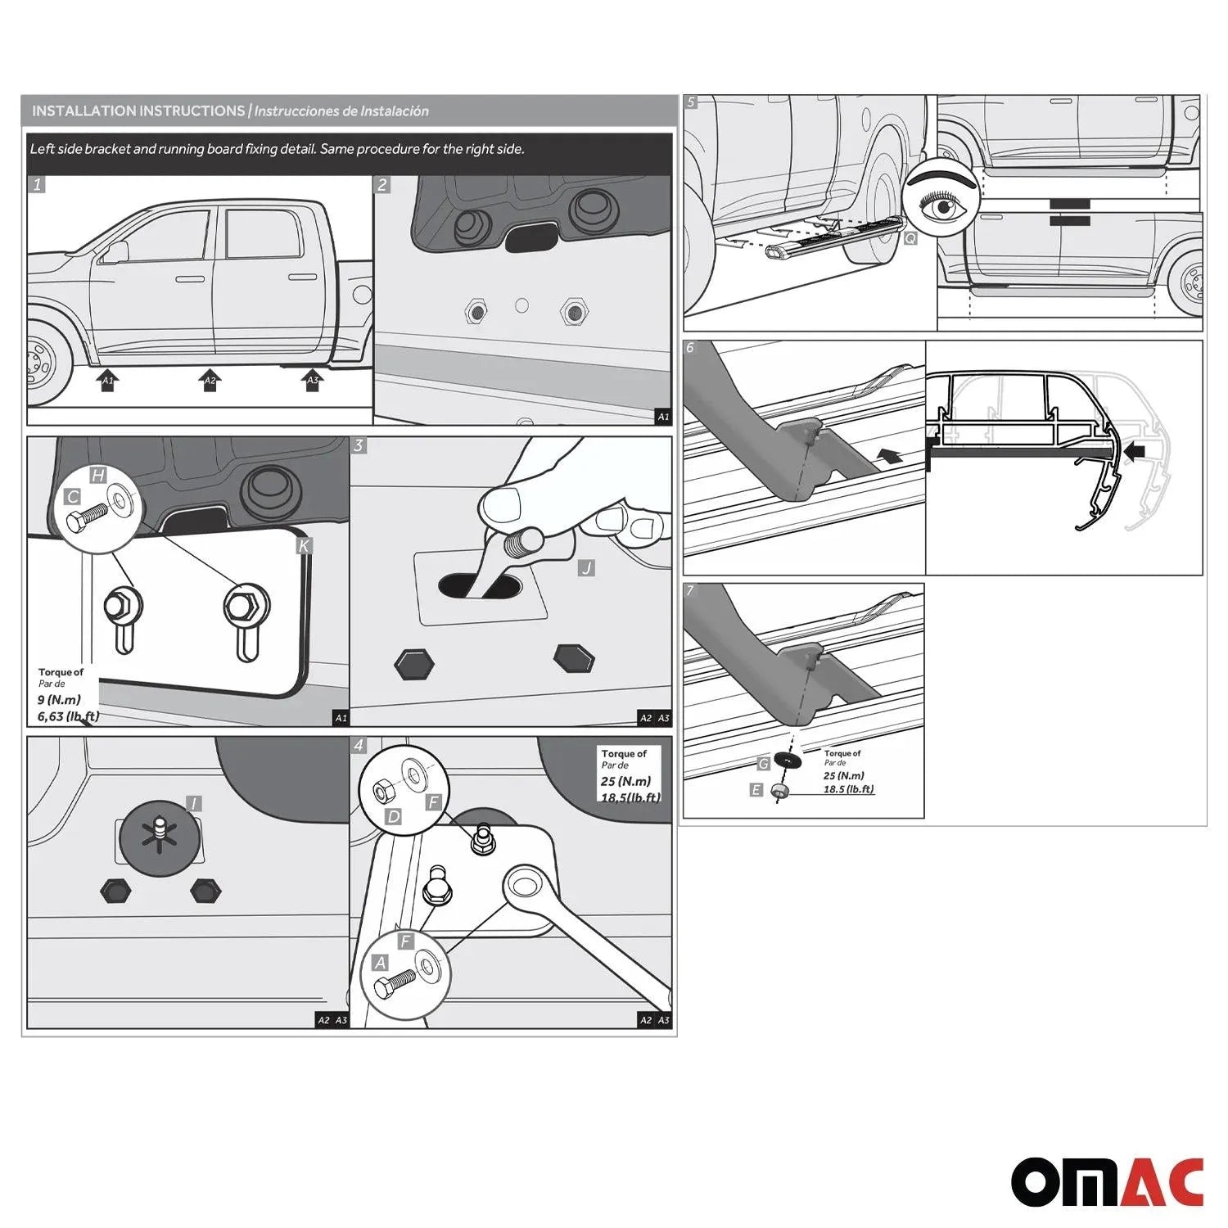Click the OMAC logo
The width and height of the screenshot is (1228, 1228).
tap(1107, 1182)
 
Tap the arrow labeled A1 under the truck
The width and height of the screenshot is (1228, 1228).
tap(106, 381)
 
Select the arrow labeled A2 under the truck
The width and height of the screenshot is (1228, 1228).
tap(210, 381)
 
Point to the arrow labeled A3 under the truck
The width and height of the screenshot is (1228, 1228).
tap(312, 381)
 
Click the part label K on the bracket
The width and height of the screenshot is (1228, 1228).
tap(304, 545)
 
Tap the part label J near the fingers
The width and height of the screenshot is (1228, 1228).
tap(586, 567)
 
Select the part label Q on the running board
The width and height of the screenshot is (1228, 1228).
tap(910, 238)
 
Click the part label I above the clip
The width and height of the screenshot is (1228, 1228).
tap(193, 804)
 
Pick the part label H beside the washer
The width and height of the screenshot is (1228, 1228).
tap(97, 476)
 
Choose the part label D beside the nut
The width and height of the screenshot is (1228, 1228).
tap(393, 816)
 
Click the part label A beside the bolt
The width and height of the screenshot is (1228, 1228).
tap(380, 964)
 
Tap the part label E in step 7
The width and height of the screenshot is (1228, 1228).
tap(756, 790)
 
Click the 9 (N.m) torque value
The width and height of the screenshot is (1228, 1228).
tap(59, 700)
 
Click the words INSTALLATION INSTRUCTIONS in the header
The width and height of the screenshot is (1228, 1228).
tap(138, 111)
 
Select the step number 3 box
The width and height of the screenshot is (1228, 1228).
tap(359, 446)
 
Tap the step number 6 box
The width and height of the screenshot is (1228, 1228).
tap(690, 348)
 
